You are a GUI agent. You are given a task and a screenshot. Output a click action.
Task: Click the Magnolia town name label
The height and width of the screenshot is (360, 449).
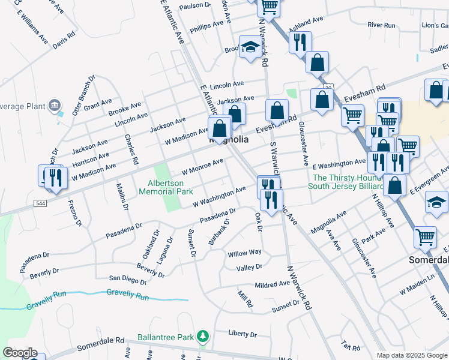[228, 139]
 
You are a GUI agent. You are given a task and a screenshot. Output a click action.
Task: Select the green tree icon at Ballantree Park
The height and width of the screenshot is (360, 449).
[203, 335]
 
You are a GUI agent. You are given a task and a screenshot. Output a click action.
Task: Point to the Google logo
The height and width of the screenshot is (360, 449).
[20, 353]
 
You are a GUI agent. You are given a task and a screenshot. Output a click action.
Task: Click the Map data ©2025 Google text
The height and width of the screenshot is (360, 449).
[411, 355]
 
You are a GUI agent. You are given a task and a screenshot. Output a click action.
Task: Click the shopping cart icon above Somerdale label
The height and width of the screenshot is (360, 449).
[425, 236]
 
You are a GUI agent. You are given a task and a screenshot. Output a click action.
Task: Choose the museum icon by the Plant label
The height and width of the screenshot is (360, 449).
[55, 106]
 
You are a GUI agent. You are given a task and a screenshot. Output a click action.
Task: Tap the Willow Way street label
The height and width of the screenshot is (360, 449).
[244, 253]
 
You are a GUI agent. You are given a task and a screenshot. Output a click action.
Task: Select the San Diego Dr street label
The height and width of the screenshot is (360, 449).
[127, 279]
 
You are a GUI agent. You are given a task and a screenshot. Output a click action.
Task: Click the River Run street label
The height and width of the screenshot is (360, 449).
[382, 25]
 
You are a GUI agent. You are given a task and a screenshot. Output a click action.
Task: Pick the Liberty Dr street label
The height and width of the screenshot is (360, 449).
[243, 334]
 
